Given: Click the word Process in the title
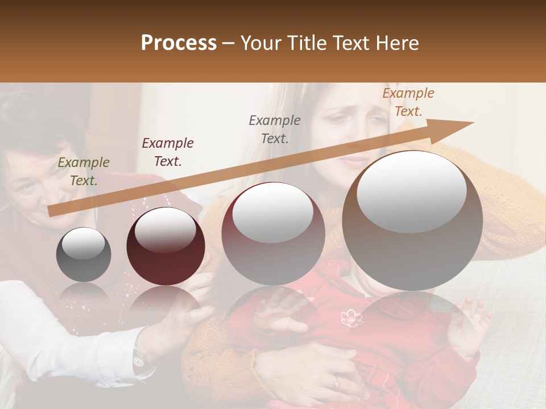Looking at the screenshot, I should [x=179, y=43].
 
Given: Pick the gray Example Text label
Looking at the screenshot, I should [x=275, y=129].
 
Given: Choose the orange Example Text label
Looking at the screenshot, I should [x=408, y=102].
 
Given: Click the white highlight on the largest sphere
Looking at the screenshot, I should [x=411, y=191].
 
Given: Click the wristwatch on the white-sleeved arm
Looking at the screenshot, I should [x=138, y=356].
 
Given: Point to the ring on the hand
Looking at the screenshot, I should [x=336, y=383].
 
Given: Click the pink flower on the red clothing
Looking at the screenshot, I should [x=351, y=319].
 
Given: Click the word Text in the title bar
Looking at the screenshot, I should [x=349, y=43].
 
